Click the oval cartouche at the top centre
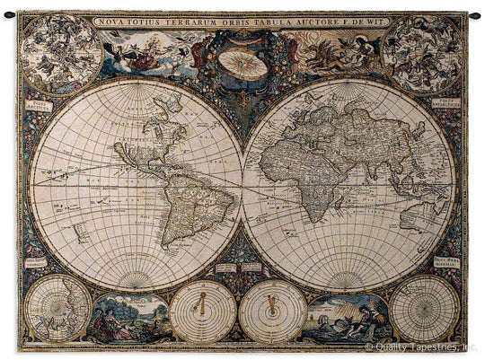[242, 61]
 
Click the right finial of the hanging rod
[475, 14]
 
